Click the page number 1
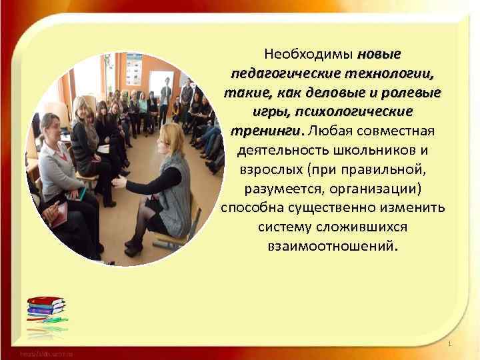tap(451, 343)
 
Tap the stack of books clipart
tap(46, 311)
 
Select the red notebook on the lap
tap(58, 214)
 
